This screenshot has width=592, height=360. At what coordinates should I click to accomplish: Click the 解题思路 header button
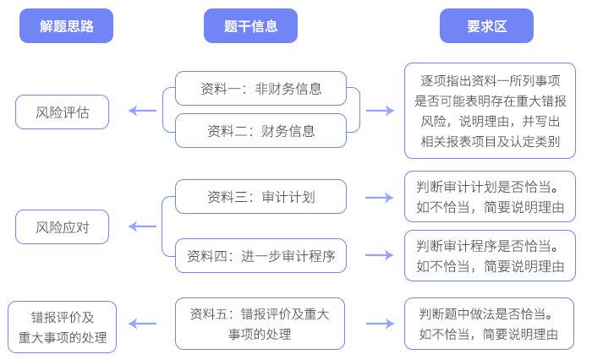tap(67, 25)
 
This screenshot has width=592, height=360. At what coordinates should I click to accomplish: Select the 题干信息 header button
tap(250, 25)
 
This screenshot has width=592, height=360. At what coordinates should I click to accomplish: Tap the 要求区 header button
tap(486, 25)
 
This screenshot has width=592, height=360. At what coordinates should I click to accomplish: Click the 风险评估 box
tap(62, 112)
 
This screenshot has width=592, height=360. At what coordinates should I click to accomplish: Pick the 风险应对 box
tap(62, 227)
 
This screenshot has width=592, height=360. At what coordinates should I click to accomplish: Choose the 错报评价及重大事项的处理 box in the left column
tap(62, 328)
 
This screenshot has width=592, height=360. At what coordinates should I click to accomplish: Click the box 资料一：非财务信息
tap(260, 88)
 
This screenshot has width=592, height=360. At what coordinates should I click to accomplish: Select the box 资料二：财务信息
tap(260, 130)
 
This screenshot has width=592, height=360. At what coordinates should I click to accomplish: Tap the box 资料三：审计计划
tap(260, 197)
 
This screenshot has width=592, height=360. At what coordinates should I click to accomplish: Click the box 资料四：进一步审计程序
tap(260, 256)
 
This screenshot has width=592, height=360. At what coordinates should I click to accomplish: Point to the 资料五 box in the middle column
tap(260, 324)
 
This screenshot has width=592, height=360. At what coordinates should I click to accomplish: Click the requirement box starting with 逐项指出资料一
tap(491, 111)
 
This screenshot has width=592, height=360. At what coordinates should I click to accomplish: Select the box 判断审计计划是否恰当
tap(491, 196)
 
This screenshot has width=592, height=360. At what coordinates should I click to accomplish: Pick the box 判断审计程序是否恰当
tap(491, 255)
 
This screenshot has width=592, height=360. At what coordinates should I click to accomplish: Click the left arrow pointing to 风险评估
tap(142, 111)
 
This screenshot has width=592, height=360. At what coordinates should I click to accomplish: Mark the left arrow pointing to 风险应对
tap(142, 226)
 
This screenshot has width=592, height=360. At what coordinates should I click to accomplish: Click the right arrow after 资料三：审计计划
tap(379, 197)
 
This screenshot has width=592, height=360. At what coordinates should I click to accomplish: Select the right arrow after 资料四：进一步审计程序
tap(379, 255)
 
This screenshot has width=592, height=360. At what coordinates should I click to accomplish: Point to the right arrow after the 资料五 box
tap(379, 323)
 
